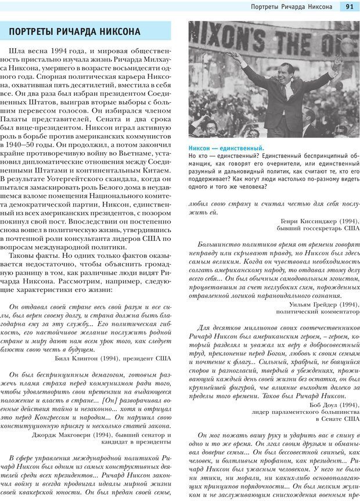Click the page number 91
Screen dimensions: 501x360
(x=350, y=6)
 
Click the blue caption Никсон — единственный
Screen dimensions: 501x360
(x=226, y=148)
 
